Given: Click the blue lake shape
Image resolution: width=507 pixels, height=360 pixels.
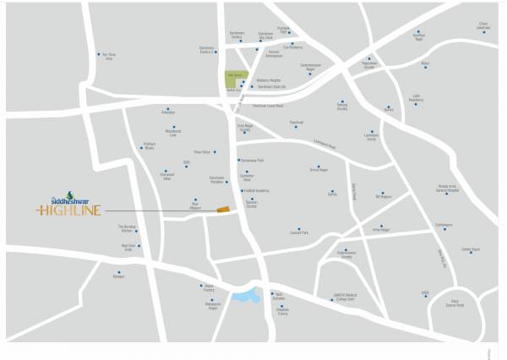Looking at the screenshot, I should [x=244, y=296].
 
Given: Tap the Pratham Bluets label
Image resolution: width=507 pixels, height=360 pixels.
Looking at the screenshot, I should [x=149, y=147].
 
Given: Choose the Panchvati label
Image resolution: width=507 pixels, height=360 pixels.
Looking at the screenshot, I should [x=297, y=124].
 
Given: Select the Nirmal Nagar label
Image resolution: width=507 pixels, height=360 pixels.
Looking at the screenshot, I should [x=318, y=171].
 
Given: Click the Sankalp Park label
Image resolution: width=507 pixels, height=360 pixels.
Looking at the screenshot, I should [x=299, y=232].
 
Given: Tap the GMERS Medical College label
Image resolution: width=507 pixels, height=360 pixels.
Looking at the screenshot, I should [x=347, y=297].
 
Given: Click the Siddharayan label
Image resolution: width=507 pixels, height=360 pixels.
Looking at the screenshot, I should [x=444, y=226].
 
